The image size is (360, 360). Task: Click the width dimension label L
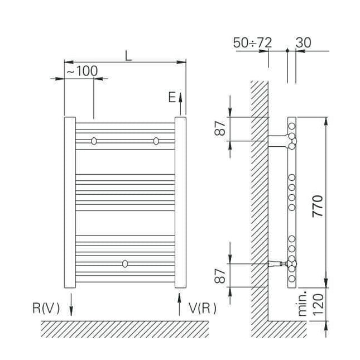click(128, 55)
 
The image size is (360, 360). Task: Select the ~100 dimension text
click(81, 71)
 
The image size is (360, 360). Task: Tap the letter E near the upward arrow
click(172, 97)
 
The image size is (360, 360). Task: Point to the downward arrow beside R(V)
click(71, 304)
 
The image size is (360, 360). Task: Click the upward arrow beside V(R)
click(179, 304)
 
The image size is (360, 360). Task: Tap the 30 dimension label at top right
click(304, 42)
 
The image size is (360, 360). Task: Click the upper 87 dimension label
click(222, 129)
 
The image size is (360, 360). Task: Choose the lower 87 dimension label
click(222, 275)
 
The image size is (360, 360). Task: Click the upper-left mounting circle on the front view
click(94, 141)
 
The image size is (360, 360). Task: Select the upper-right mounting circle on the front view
click(156, 141)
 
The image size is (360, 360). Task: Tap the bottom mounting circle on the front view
click(125, 263)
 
